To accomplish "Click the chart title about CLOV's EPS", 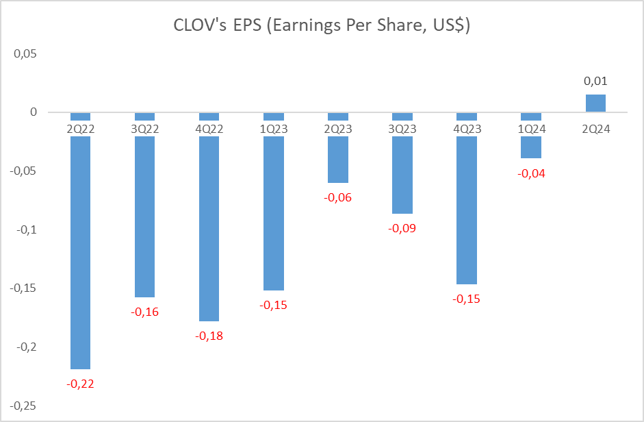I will point(322,27).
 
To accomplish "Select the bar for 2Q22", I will point(80,253).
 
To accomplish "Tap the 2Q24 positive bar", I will point(595,103).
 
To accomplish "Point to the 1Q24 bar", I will point(531,147).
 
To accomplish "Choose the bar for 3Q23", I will point(402,175).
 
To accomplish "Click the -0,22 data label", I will point(80,384).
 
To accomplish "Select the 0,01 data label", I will point(595,81).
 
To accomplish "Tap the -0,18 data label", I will point(209,336).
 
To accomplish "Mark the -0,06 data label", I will point(338,197).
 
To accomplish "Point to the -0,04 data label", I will point(531,173).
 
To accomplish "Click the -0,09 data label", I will point(402,228).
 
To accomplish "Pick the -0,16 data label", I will point(144,312).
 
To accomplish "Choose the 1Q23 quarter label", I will point(273,128).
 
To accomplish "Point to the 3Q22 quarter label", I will point(144,128).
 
